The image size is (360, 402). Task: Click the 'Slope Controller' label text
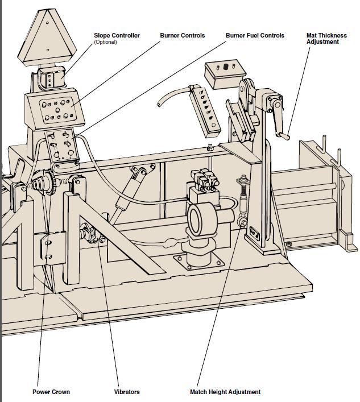pos(117,35)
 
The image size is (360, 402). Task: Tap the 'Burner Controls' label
pos(182,35)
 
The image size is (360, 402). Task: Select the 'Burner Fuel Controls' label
pos(255,35)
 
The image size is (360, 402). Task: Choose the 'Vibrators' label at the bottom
pos(127,392)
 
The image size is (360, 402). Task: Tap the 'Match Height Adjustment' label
pos(225,392)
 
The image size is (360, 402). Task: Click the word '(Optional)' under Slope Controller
pos(106,42)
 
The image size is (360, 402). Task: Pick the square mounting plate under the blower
pos(198,263)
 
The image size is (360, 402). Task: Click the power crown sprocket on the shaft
pos(45,183)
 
